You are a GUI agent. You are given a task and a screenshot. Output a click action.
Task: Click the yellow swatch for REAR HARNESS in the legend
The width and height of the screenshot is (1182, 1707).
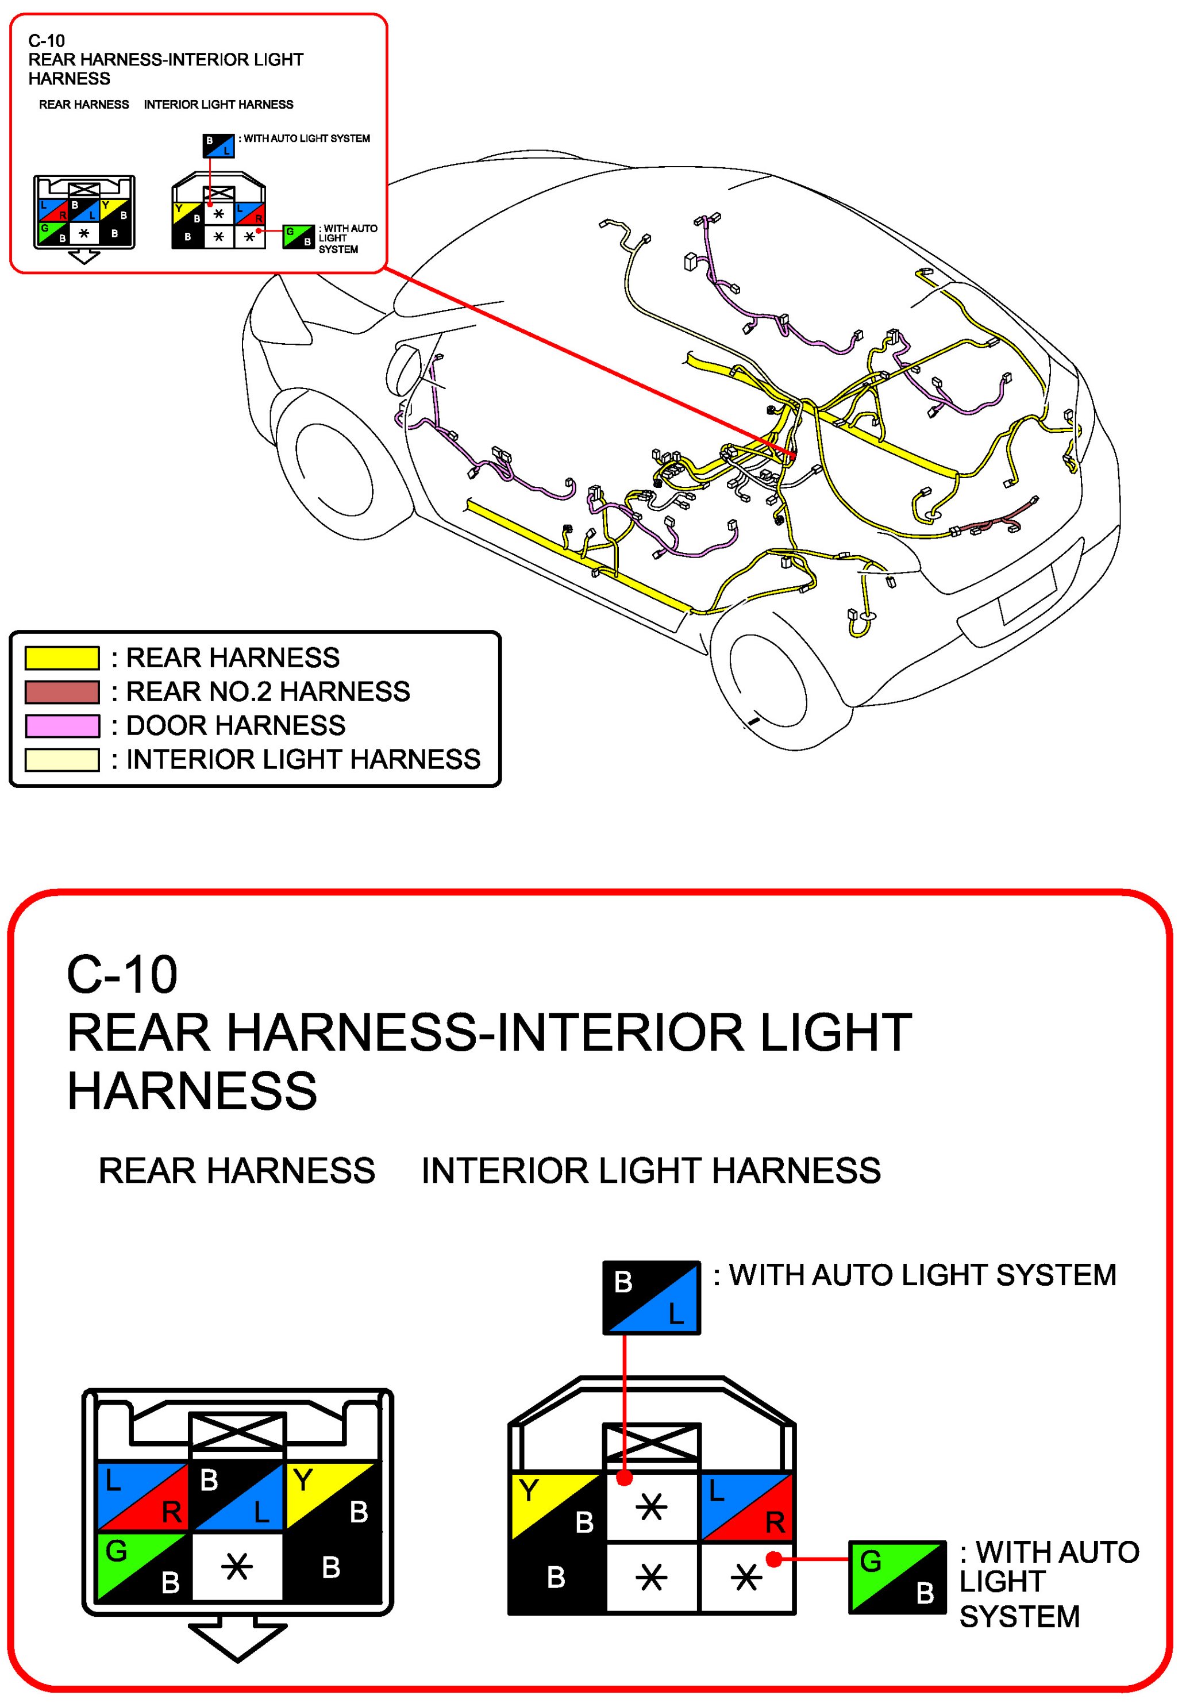[61, 658]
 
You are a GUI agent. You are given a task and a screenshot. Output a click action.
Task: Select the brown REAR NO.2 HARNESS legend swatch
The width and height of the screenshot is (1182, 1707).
[61, 691]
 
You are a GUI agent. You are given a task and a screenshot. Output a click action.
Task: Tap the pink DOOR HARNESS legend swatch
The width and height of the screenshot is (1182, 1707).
[61, 726]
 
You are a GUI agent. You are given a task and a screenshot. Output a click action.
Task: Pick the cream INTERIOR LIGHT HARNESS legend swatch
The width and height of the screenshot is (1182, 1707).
[61, 760]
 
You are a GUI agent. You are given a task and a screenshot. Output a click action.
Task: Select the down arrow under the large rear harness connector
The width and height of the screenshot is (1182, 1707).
[237, 1638]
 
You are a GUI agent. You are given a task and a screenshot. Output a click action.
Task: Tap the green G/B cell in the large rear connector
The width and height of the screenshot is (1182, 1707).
[143, 1566]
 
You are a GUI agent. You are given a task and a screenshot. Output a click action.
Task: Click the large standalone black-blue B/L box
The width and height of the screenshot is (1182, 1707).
[651, 1297]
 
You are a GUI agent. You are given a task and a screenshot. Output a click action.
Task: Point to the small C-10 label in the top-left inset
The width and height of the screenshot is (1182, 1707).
[46, 41]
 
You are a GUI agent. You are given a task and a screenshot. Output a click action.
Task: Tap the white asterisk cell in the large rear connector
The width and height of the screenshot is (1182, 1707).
[237, 1566]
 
